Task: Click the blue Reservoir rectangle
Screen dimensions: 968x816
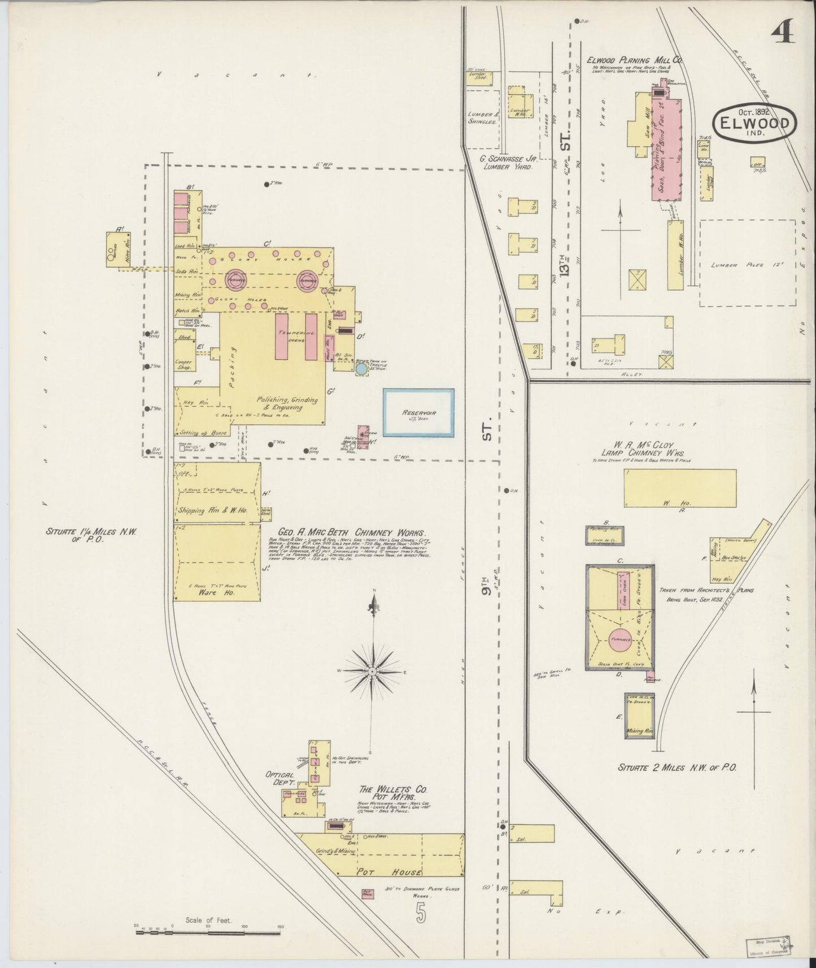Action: pos(418,412)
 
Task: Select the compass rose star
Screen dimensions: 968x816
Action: pos(372,670)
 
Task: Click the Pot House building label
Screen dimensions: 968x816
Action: pos(382,873)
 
